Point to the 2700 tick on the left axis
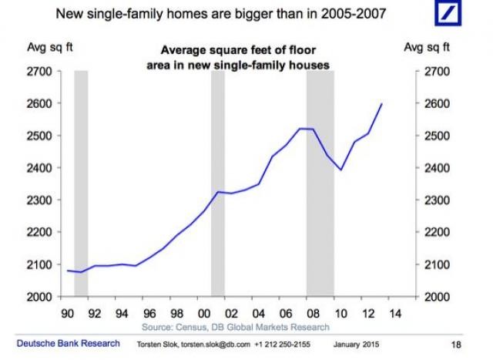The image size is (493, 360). pyautogui.click(x=40, y=72)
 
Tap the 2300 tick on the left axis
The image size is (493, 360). pyautogui.click(x=40, y=200)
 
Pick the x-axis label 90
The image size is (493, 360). pyautogui.click(x=67, y=315)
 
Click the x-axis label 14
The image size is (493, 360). pyautogui.click(x=394, y=315)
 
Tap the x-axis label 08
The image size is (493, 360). pyautogui.click(x=313, y=315)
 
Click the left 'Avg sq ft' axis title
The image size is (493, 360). pyautogui.click(x=40, y=48)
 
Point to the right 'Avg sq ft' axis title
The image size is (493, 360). pyautogui.click(x=424, y=48)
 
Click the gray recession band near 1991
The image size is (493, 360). pyautogui.click(x=81, y=183)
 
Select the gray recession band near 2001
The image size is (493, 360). pyautogui.click(x=217, y=183)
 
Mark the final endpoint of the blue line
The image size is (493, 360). pyautogui.click(x=382, y=103)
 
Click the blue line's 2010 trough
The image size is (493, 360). pyautogui.click(x=340, y=170)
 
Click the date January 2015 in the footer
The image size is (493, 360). pyautogui.click(x=357, y=345)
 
